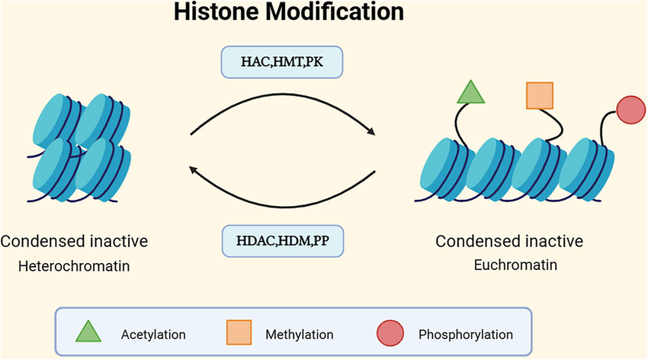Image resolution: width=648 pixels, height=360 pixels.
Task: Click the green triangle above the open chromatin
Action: coord(471,93)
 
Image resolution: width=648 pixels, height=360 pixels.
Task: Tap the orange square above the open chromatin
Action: coord(540,96)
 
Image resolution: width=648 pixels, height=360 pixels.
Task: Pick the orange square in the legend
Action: coord(239,333)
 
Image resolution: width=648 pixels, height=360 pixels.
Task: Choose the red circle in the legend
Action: coord(390,333)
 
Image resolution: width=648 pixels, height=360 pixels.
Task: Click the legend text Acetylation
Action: coord(153,334)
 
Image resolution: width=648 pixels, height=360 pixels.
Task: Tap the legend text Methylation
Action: coord(297,334)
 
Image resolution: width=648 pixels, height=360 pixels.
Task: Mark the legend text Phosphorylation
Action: coord(466,334)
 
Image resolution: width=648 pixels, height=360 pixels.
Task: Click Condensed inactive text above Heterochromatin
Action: coord(75,243)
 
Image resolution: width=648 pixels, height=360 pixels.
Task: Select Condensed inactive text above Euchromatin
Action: coord(509,243)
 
